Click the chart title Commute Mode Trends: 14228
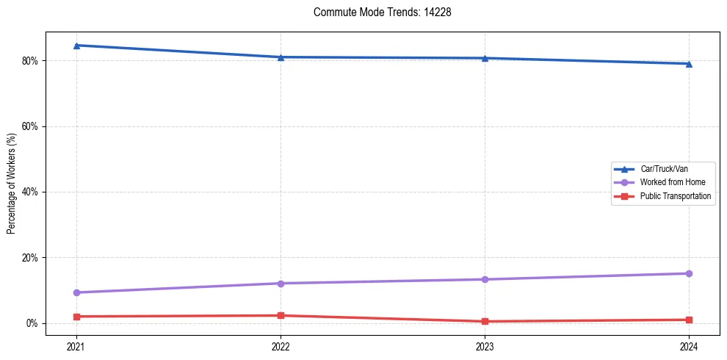click(377, 12)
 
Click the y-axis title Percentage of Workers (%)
click(12, 184)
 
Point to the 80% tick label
click(31, 60)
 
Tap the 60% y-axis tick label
click(31, 126)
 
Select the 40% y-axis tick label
click(31, 192)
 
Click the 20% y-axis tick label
click(31, 258)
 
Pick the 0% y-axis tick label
click(33, 323)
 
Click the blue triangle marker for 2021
click(76, 46)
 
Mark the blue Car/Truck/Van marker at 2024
click(689, 64)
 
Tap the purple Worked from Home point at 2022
click(281, 284)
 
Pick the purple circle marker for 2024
click(689, 273)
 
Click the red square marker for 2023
click(485, 321)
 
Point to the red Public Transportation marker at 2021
click(76, 317)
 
